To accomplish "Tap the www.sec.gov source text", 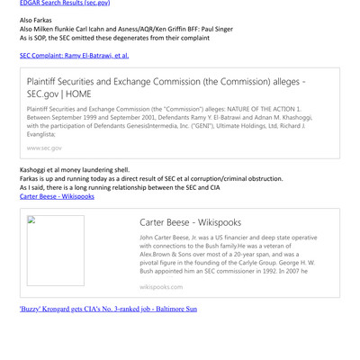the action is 44,147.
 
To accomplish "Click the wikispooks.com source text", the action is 161,286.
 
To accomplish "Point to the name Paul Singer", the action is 212,29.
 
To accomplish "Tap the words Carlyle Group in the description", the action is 245,258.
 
